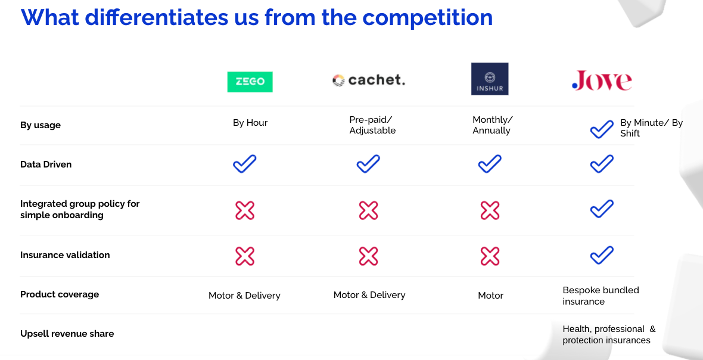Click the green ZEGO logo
250,82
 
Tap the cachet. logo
369,80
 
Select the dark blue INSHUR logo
490,79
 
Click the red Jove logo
602,80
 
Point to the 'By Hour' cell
250,123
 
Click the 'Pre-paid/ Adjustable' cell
372,125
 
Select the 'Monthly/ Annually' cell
492,125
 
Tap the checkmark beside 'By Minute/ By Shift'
602,129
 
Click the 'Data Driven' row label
46,165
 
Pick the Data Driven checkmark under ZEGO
245,164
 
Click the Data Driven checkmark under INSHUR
490,164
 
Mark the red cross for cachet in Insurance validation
369,256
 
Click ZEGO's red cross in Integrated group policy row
245,210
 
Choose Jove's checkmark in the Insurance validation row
602,255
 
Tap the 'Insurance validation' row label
65,255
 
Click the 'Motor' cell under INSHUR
490,296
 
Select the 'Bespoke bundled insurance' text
601,296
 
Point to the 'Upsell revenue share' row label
67,334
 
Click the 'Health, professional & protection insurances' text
609,334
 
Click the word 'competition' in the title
427,18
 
